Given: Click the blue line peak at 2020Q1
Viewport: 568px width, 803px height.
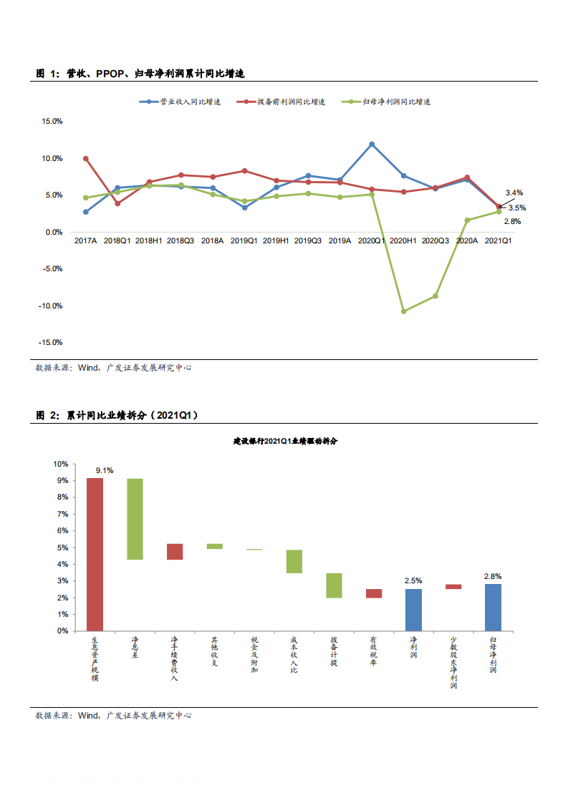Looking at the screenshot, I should pyautogui.click(x=372, y=144).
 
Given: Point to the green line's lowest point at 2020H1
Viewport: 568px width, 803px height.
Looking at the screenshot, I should pyautogui.click(x=403, y=311).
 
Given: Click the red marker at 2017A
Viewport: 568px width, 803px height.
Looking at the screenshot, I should pyautogui.click(x=86, y=158).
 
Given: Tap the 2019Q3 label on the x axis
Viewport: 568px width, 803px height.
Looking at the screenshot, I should pyautogui.click(x=308, y=241).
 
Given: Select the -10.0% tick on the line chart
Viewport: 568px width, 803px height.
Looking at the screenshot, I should pyautogui.click(x=52, y=306).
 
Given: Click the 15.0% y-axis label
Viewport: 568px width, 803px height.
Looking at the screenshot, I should pyautogui.click(x=52, y=122).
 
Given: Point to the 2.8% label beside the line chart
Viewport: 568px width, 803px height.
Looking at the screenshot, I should pyautogui.click(x=512, y=221).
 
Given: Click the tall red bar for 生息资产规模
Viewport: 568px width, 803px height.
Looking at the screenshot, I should pyautogui.click(x=95, y=554).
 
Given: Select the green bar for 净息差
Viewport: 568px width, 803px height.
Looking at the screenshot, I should pyautogui.click(x=135, y=518).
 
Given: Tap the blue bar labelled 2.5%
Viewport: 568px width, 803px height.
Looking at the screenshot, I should pyautogui.click(x=413, y=610).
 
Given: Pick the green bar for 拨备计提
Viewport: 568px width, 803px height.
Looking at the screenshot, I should pyautogui.click(x=334, y=585).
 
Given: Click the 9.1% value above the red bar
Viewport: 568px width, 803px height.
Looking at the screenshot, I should pyautogui.click(x=105, y=470).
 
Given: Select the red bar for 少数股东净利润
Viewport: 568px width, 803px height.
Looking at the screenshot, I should pyautogui.click(x=453, y=587).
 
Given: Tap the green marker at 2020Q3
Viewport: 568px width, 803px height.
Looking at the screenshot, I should pyautogui.click(x=435, y=296).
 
